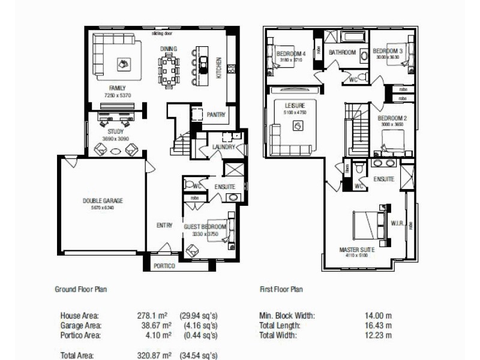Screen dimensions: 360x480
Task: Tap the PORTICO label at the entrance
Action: (164, 266)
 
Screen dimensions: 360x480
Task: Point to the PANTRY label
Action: (215, 114)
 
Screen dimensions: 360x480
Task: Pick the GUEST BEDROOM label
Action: (205, 227)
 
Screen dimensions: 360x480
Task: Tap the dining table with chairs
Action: (169, 70)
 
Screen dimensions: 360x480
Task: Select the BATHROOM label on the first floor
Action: (342, 53)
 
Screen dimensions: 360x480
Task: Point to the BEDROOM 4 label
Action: (291, 53)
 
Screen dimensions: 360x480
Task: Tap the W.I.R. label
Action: (396, 223)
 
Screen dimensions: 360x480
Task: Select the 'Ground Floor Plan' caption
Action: (81, 289)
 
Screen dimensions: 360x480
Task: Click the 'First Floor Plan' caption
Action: (281, 289)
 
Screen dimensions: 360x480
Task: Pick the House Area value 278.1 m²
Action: (155, 315)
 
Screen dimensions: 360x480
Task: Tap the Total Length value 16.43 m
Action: (379, 325)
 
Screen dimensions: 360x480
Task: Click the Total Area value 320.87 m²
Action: (154, 355)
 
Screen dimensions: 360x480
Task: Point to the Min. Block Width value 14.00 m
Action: (379, 315)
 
